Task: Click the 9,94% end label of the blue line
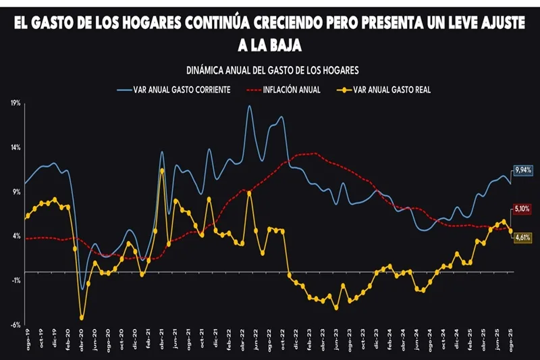click(523, 170)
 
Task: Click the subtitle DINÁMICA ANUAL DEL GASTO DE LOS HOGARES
click(271, 70)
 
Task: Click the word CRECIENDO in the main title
click(294, 24)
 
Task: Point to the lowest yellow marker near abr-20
click(82, 317)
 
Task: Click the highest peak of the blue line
click(249, 106)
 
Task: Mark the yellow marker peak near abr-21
click(162, 170)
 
